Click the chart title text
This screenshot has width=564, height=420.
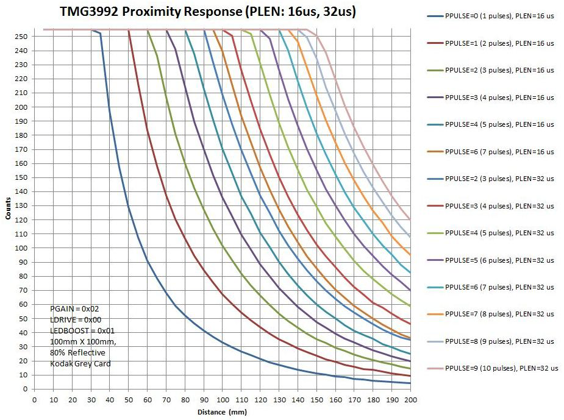click(x=208, y=12)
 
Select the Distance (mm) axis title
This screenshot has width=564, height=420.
click(x=222, y=412)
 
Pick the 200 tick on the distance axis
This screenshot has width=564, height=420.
click(x=410, y=399)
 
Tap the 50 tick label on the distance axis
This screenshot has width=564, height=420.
click(x=128, y=399)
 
